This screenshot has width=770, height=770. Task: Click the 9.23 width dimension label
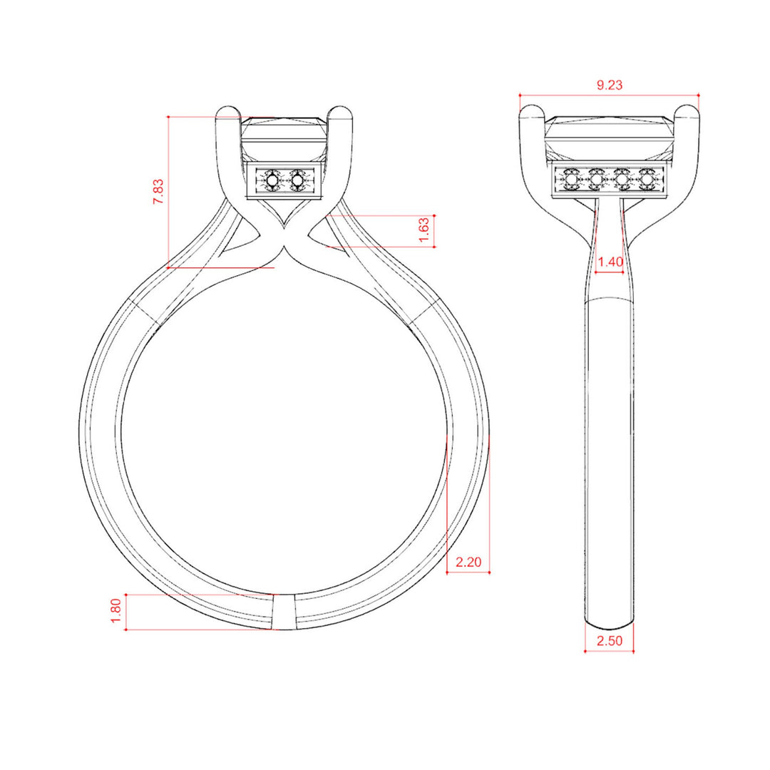(x=610, y=85)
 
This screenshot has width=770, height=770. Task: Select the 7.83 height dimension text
(x=158, y=192)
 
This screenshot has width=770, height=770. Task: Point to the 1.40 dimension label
(x=610, y=262)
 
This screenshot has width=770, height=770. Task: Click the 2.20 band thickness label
(x=468, y=562)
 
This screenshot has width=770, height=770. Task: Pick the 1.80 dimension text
(x=116, y=611)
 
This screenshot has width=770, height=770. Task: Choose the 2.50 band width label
(x=610, y=640)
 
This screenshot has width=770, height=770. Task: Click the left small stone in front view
(x=272, y=181)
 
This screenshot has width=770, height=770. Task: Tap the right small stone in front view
(x=297, y=181)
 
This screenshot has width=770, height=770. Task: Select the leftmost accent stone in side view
(x=570, y=181)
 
